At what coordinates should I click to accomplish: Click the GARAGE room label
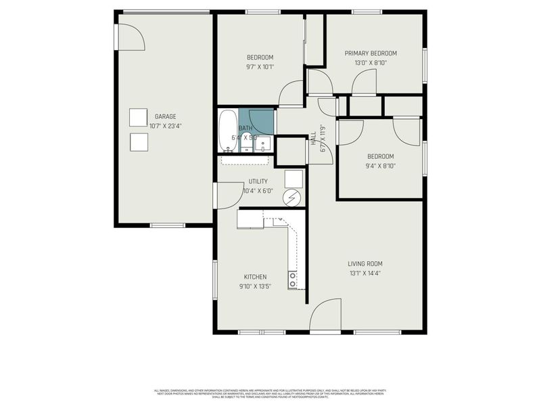pos(165,116)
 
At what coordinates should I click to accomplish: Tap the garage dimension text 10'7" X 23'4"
pos(165,125)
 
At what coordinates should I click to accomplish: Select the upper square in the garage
pos(139,117)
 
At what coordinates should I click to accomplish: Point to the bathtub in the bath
pos(227,130)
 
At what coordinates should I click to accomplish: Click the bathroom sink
pos(264,144)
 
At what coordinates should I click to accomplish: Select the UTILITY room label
pos(258,181)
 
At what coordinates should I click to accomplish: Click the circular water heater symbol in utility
pos(293,198)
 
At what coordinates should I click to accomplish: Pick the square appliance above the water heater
pos(293,178)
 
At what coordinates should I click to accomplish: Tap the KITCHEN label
pos(255,277)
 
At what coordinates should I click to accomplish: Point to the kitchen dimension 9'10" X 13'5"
pos(255,286)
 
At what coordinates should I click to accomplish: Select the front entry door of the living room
pos(325,316)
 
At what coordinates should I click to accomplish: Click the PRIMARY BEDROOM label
pos(371,53)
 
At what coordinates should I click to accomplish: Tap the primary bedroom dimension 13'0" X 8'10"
pos(371,63)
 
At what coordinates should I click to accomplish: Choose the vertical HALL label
pos(313,139)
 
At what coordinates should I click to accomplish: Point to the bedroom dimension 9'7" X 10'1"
pos(260,67)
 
